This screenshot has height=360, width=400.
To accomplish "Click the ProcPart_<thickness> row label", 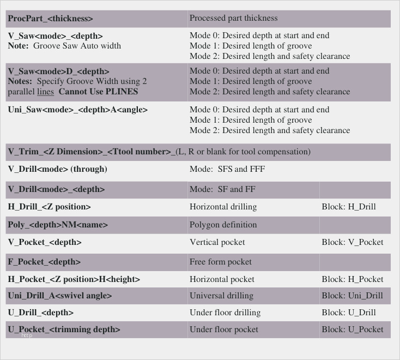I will coord(50,19).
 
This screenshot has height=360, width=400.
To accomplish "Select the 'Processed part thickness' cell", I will coord(233,18).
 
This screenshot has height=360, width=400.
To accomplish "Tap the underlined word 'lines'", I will coord(45,91).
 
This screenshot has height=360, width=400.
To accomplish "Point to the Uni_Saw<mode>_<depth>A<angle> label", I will coord(77,110).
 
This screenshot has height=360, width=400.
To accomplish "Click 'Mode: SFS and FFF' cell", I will coord(227,169).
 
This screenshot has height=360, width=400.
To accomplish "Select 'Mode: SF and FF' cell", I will coord(223,189).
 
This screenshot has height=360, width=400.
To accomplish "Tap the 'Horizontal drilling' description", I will coord(223,207).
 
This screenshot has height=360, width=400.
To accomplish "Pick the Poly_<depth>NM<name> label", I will coord(58,225).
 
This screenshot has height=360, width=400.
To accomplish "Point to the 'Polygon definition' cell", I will coord(223,225).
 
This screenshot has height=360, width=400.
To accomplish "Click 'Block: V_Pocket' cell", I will coord(352,242).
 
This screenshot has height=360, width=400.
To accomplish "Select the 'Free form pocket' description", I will coord(221,262).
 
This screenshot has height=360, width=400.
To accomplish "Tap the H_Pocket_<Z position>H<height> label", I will coord(74,279).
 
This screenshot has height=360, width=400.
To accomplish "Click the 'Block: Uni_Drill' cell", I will coord(352,296).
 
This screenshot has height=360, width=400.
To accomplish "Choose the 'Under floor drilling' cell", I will coord(225,313).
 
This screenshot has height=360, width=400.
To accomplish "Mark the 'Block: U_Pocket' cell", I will coord(352,329).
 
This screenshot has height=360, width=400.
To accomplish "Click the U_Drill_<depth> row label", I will coord(40,313).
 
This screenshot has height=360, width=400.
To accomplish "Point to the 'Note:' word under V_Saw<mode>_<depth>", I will coord(18,46).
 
